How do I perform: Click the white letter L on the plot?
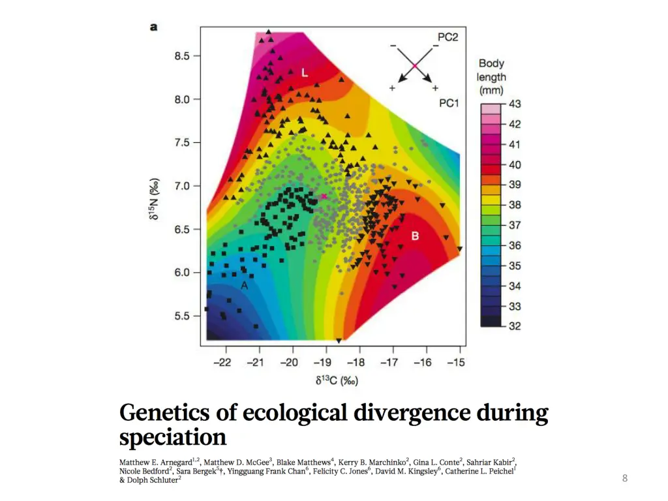click(x=304, y=73)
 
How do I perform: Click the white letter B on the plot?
click(x=415, y=236)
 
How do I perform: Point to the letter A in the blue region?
click(x=244, y=286)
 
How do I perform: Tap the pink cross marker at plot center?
click(x=324, y=196)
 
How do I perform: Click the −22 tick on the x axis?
click(x=224, y=362)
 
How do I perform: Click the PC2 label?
click(x=448, y=37)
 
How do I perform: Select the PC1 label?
click(x=449, y=102)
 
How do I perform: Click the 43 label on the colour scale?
click(x=515, y=104)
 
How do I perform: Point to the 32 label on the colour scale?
click(x=515, y=326)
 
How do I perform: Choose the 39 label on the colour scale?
click(x=515, y=185)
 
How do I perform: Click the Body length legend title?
click(x=492, y=76)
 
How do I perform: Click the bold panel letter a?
click(x=154, y=27)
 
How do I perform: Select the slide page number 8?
click(x=624, y=479)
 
